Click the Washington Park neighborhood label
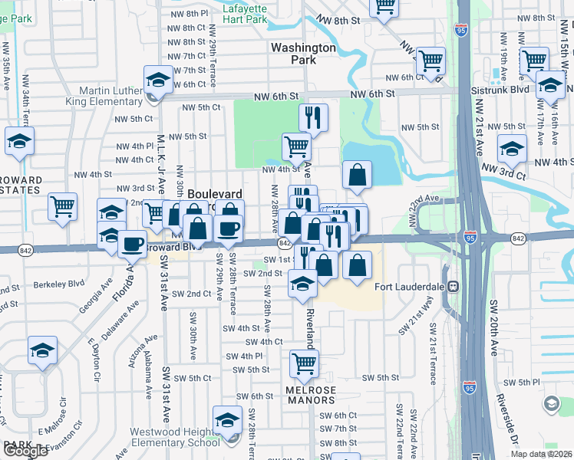click(303, 53)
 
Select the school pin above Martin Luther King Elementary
click(158, 80)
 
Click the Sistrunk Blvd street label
click(510, 90)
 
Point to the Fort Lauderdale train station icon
click(454, 287)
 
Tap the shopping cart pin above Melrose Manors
click(305, 365)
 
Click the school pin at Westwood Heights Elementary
click(227, 421)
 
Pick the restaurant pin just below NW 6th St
click(313, 117)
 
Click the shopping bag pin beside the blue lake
click(357, 176)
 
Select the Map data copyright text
click(542, 454)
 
